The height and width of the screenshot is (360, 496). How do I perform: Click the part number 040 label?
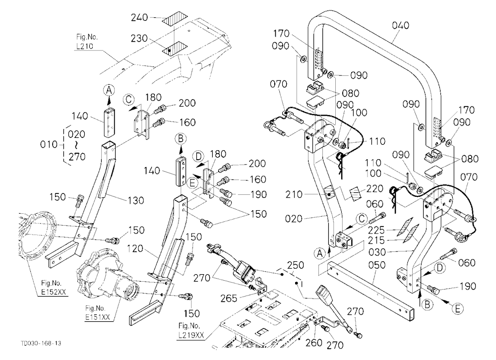click(x=400, y=25)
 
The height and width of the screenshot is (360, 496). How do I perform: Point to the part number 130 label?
click(x=135, y=200)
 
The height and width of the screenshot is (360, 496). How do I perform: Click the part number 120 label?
click(x=135, y=248)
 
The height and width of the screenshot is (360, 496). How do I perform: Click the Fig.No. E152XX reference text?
click(x=53, y=288)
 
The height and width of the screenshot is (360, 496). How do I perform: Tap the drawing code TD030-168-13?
click(x=41, y=343)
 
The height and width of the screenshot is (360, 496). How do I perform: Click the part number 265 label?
click(x=228, y=298)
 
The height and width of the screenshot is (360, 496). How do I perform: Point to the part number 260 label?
click(x=314, y=343)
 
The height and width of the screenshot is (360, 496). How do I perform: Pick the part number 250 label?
click(x=296, y=265)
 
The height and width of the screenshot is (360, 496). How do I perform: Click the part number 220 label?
click(x=374, y=188)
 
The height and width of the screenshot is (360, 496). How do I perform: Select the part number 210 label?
click(x=294, y=194)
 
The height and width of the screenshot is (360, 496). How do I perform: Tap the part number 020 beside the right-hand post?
click(x=294, y=219)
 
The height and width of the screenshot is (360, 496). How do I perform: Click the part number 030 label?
click(x=377, y=252)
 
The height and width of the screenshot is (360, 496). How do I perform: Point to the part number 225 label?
click(x=376, y=230)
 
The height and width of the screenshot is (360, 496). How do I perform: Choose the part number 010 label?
click(x=49, y=145)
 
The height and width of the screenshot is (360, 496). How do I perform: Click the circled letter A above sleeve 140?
click(x=109, y=90)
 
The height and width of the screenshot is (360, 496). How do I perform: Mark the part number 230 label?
click(x=139, y=38)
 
